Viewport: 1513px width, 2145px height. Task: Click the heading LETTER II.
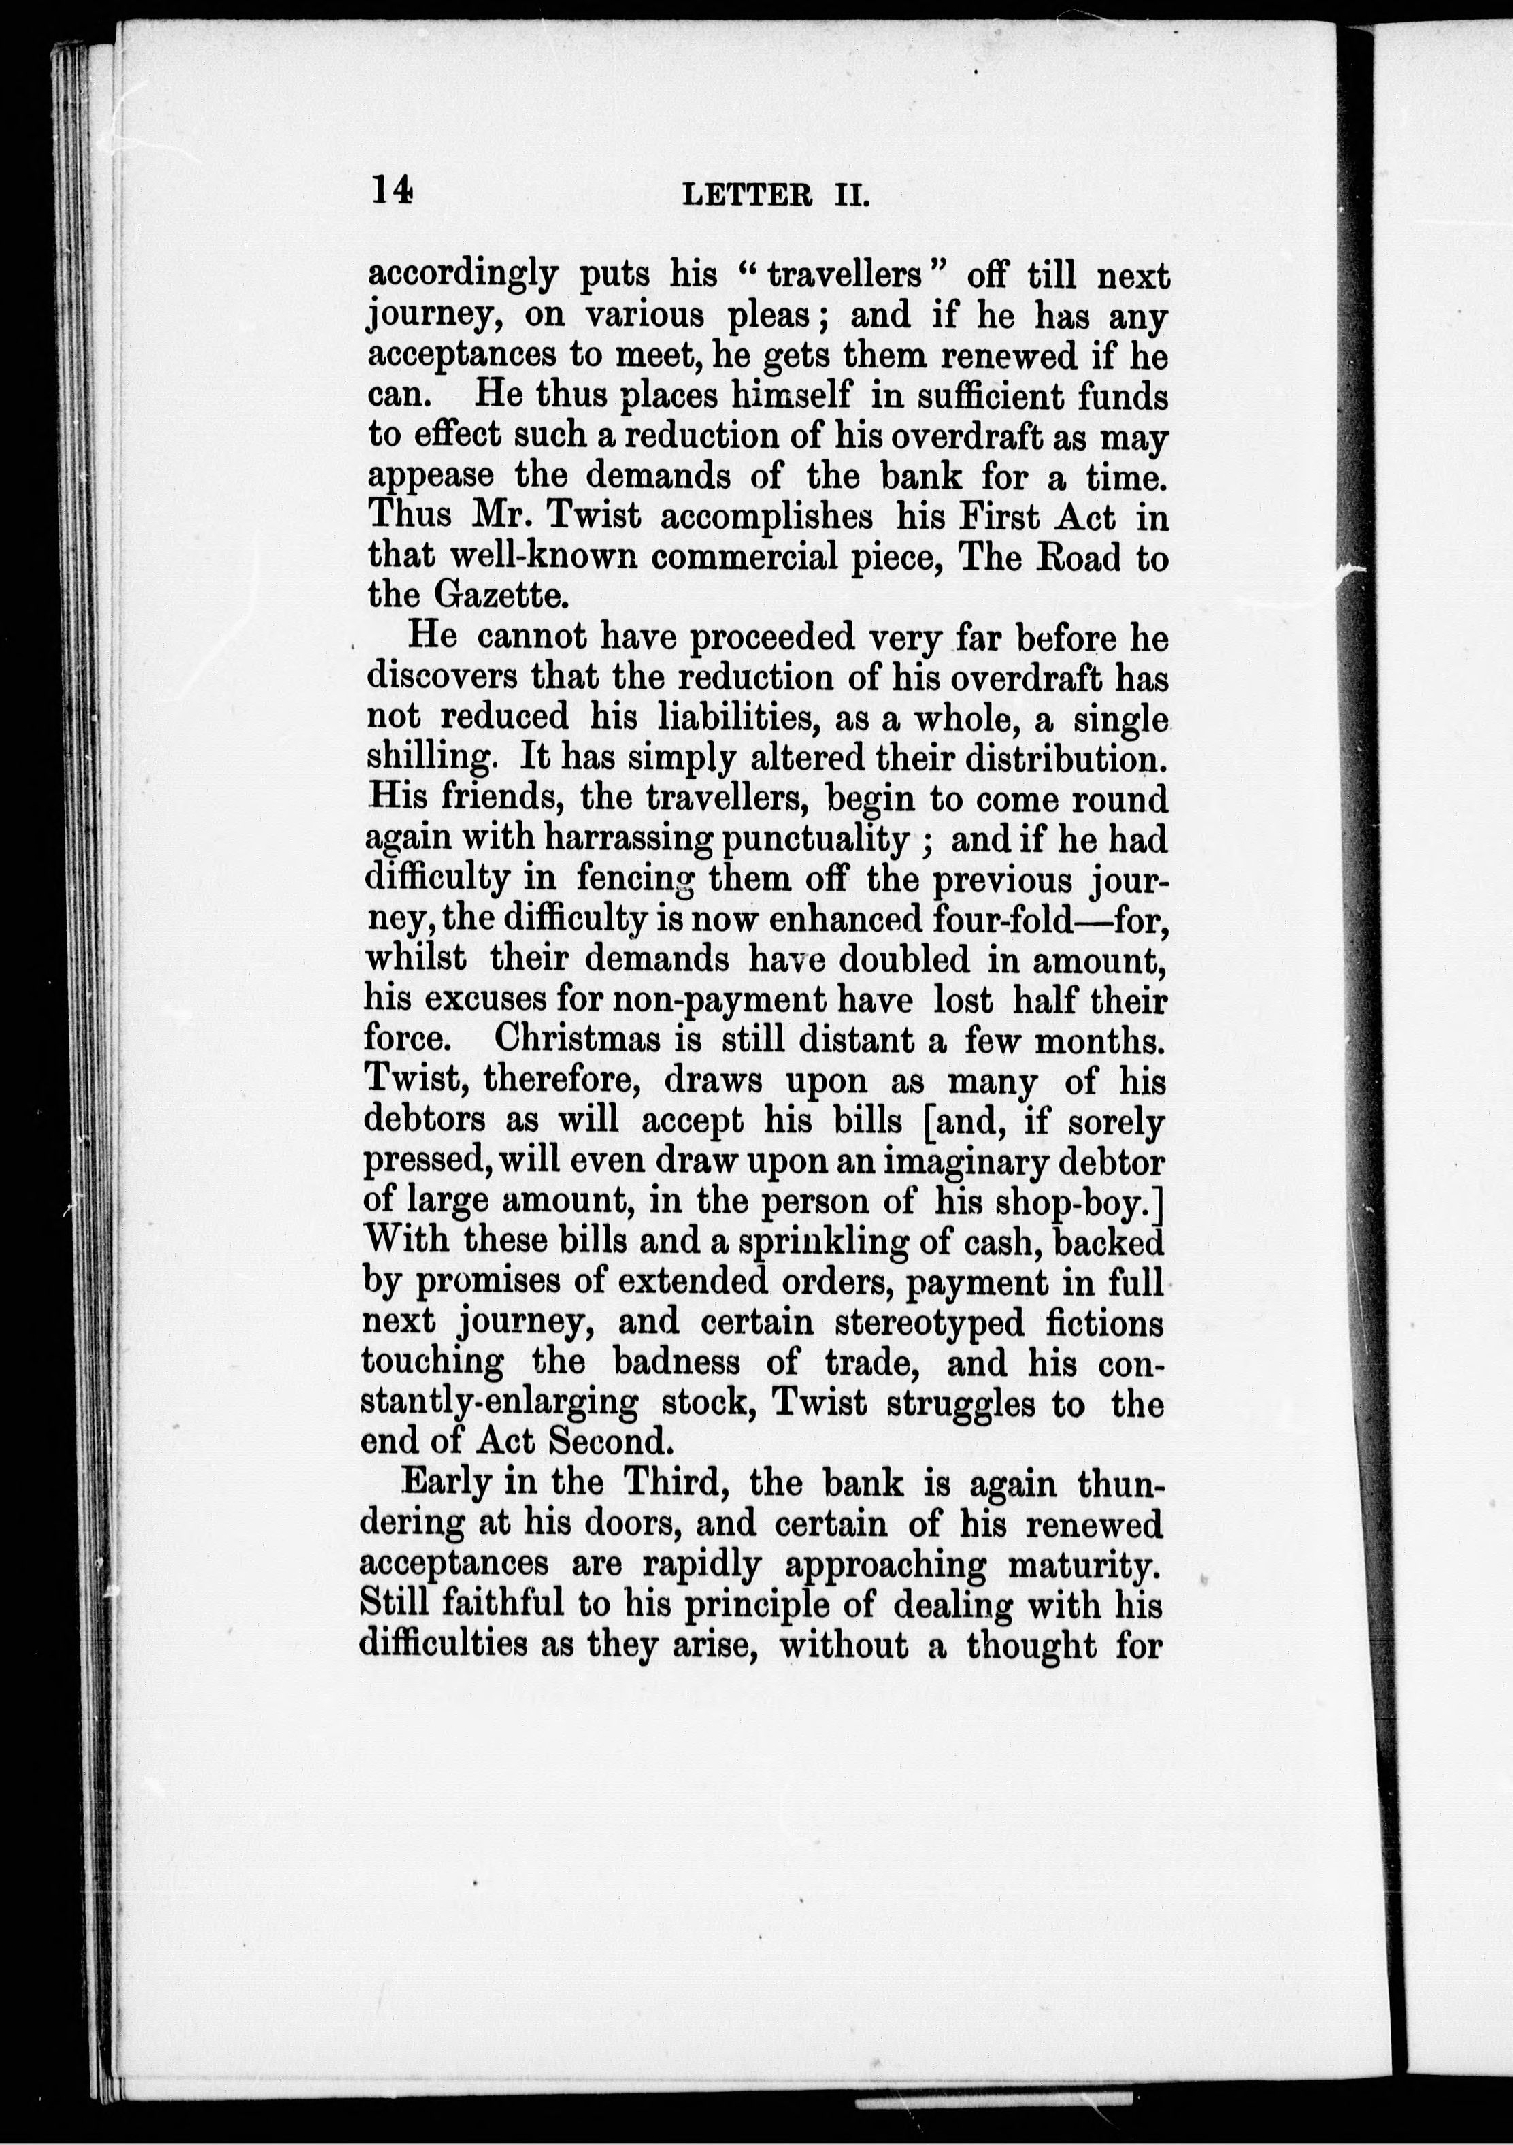click(776, 195)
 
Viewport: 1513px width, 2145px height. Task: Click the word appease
click(431, 476)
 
